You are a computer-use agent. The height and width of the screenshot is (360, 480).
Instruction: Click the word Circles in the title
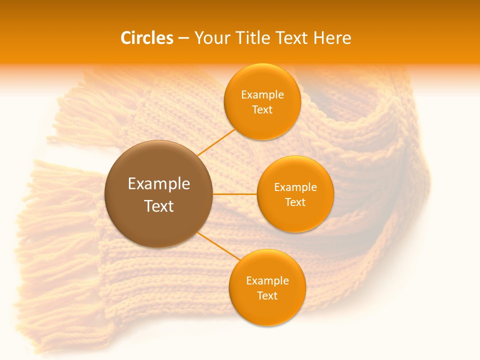(x=146, y=38)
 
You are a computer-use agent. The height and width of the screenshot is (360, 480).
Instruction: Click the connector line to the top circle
(x=216, y=142)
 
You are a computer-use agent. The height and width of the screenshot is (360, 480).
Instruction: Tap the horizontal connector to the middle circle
(x=235, y=194)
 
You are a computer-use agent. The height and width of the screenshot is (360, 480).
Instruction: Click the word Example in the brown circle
(x=159, y=184)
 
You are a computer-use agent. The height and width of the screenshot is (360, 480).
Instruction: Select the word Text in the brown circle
(x=159, y=206)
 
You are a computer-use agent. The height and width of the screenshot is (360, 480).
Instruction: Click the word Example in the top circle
(x=262, y=95)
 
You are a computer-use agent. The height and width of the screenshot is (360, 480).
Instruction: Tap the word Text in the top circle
(x=262, y=110)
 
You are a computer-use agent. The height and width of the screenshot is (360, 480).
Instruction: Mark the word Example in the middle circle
(x=295, y=187)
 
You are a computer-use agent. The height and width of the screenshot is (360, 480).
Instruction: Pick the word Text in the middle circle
(x=295, y=202)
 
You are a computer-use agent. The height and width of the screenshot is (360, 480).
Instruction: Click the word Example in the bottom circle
(x=267, y=281)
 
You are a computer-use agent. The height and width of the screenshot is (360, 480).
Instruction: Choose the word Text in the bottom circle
(x=267, y=296)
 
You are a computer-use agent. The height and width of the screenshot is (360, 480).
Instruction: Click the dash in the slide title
(x=184, y=38)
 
